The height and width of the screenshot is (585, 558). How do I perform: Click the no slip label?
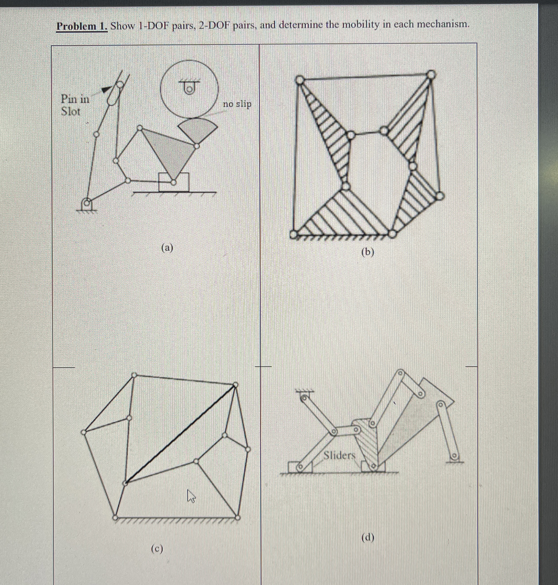(237, 104)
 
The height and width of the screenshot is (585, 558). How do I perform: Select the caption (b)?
(368, 252)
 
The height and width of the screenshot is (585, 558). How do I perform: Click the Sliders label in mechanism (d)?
(339, 455)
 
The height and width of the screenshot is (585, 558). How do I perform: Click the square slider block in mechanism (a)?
(173, 182)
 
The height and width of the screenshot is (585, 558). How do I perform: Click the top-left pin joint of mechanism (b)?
(300, 80)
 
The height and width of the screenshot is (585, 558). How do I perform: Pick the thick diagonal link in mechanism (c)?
(180, 434)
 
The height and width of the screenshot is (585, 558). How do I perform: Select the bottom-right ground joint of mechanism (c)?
(237, 518)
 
